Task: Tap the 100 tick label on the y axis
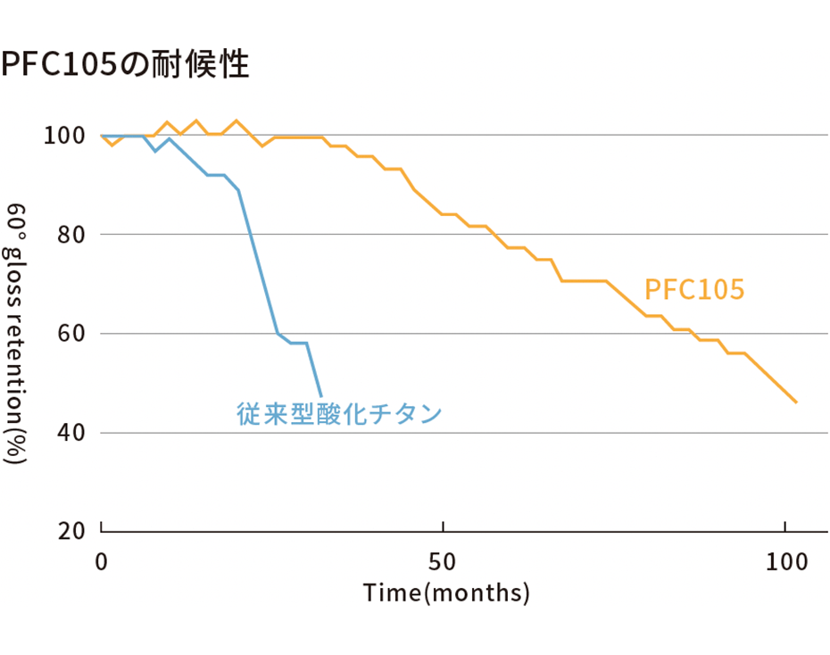click(x=64, y=137)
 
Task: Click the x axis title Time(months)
click(x=446, y=593)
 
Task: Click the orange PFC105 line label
click(x=694, y=290)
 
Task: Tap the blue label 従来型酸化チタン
click(x=340, y=414)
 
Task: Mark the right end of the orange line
click(x=795, y=402)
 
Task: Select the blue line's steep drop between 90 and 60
click(x=259, y=263)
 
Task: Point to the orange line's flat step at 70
click(x=584, y=281)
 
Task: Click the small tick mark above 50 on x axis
click(x=444, y=526)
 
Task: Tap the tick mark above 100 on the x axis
click(x=784, y=526)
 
